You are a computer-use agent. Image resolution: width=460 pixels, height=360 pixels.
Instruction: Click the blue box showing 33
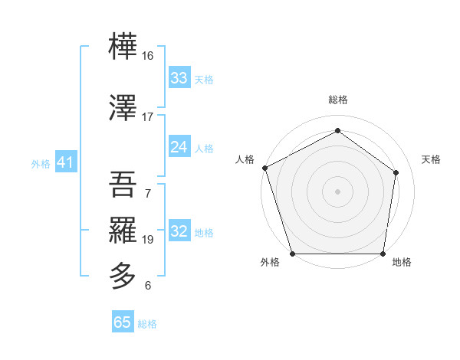tap(179, 77)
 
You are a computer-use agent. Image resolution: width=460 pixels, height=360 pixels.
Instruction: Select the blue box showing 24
tap(179, 147)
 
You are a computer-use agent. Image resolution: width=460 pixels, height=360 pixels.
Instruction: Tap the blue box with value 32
tap(179, 231)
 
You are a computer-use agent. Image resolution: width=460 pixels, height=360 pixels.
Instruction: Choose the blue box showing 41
tap(65, 162)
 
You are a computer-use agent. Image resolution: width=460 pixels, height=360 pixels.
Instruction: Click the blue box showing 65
tap(122, 322)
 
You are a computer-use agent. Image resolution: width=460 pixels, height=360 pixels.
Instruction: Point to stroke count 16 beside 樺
tap(148, 56)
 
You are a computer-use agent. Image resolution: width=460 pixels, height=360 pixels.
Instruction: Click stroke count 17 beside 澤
tap(148, 117)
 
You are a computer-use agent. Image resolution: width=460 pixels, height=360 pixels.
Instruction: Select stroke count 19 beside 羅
tap(148, 240)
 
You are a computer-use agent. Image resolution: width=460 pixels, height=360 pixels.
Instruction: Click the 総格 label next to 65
tap(147, 324)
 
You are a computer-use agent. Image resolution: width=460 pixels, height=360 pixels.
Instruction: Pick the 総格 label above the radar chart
tap(337, 100)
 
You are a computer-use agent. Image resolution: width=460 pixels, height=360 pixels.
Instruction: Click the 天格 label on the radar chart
tap(432, 159)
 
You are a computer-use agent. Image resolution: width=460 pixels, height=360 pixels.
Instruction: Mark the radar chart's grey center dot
tap(337, 191)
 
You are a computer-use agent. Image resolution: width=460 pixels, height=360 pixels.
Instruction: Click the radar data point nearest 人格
tap(264, 168)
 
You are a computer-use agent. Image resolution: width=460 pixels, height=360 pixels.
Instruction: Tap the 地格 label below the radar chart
tap(402, 263)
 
